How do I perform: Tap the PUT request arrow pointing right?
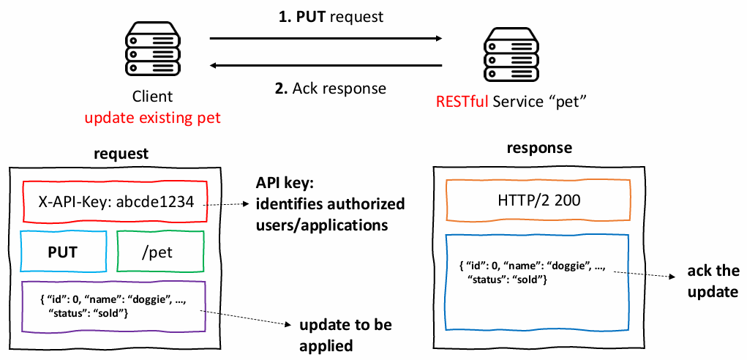(326, 38)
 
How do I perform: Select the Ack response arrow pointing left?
(326, 67)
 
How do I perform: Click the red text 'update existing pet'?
(152, 118)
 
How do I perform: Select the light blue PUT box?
(63, 252)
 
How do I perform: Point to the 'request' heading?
(121, 154)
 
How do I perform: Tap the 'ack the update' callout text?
(713, 282)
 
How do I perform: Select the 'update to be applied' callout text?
(332, 334)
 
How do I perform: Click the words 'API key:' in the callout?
(282, 184)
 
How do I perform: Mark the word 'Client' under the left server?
(152, 97)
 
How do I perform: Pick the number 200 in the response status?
(568, 200)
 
